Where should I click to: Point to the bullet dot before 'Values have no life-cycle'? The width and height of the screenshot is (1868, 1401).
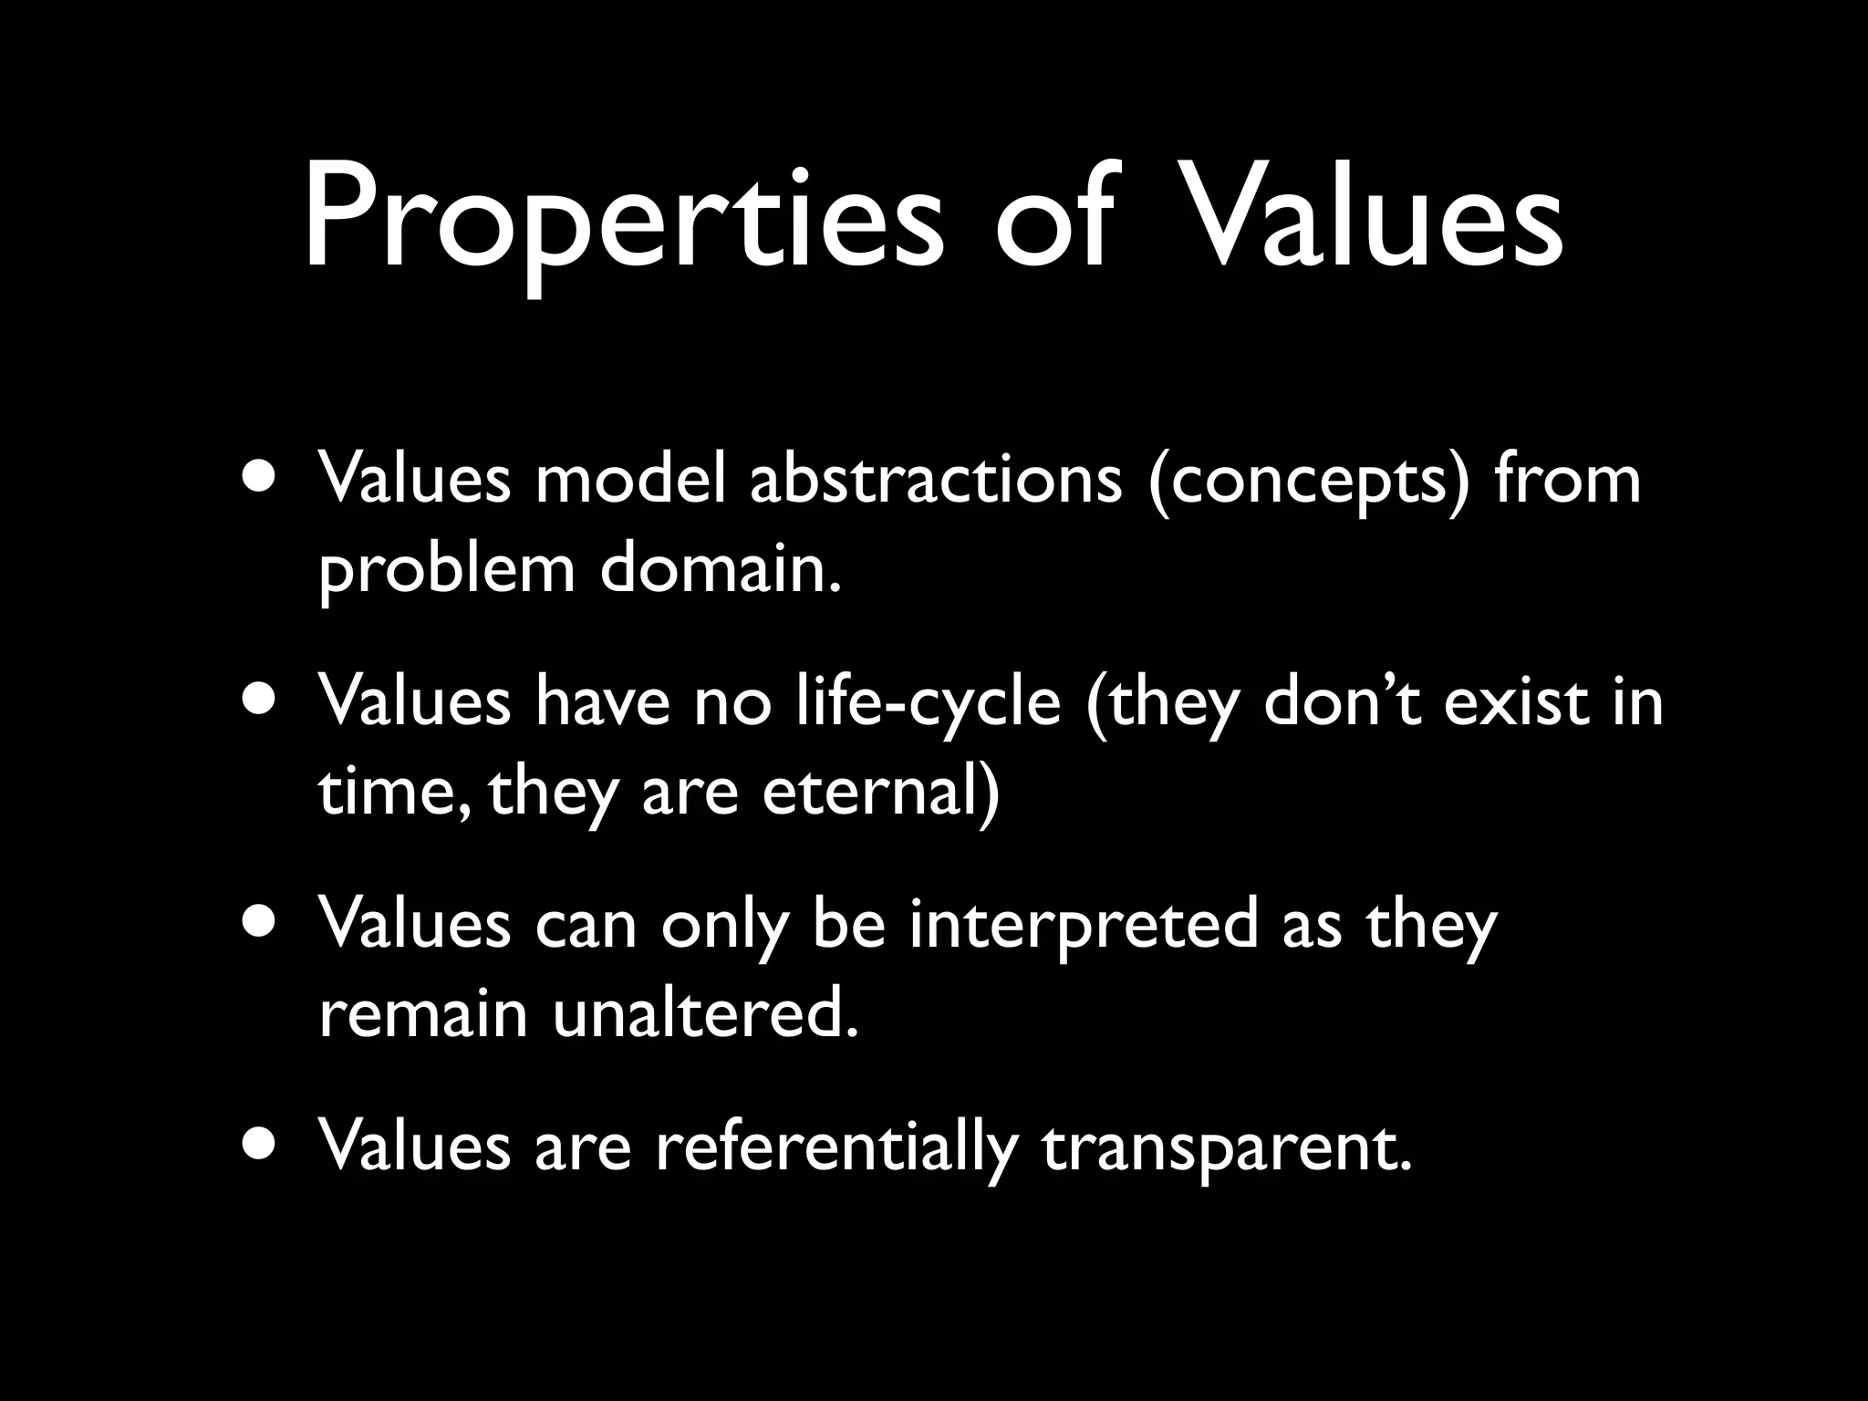[x=263, y=701]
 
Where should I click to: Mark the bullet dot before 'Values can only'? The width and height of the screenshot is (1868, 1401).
[x=263, y=924]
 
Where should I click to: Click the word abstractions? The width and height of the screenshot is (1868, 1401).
[x=935, y=481]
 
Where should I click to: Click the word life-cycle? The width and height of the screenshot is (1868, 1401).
[x=929, y=703]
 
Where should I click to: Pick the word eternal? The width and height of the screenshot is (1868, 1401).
[x=880, y=792]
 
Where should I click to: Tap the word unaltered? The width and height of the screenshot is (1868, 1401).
[x=706, y=1014]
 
